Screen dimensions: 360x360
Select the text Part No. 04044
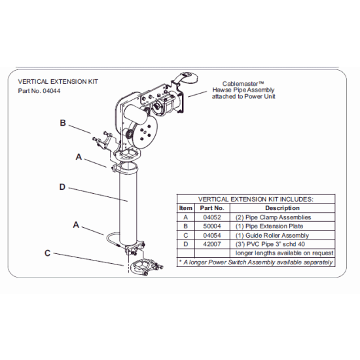[41, 92]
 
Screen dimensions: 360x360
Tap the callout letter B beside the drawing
[63, 122]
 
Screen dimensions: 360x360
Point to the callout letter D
[62, 187]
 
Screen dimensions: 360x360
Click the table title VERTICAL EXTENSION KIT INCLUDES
[256, 199]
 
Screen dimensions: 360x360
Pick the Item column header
[186, 208]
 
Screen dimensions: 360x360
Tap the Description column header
[282, 208]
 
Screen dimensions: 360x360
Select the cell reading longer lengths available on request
[284, 253]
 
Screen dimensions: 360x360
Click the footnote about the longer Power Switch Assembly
[256, 262]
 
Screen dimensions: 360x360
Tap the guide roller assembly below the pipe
[141, 267]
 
